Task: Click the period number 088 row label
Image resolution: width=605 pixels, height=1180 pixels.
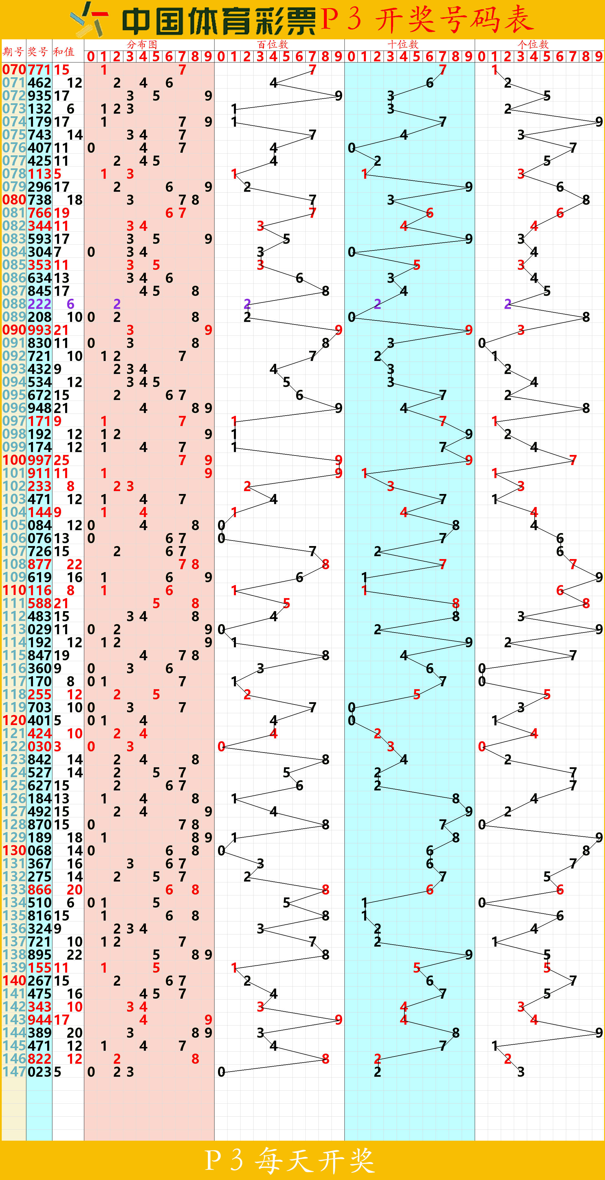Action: coord(14,304)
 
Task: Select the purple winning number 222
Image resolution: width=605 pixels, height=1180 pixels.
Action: coord(39,304)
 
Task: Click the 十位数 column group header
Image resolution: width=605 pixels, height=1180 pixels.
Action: coord(403,45)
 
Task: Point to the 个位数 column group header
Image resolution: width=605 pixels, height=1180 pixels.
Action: coord(533,45)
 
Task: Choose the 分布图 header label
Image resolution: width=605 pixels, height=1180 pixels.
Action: coord(142,45)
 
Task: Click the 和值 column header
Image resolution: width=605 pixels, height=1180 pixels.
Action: coord(64,52)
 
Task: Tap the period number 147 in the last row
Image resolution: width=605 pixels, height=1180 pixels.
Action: coord(14,1072)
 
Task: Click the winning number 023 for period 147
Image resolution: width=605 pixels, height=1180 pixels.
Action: coord(39,1072)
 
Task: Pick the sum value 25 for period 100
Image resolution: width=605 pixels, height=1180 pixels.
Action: coord(61,460)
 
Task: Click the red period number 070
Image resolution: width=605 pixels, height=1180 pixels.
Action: coord(14,70)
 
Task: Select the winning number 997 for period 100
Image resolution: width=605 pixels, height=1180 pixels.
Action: coord(39,460)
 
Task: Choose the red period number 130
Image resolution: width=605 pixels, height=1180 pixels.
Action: coord(14,851)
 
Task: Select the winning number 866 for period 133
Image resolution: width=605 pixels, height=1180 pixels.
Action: coord(39,890)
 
